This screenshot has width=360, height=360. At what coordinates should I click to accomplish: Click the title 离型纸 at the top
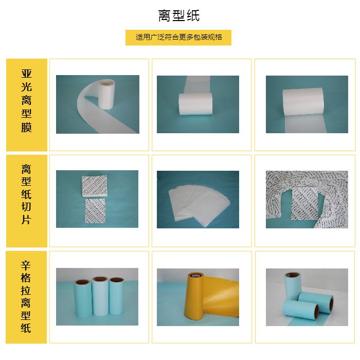point(179,15)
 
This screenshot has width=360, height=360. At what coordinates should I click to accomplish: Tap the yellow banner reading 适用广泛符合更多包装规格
point(178,38)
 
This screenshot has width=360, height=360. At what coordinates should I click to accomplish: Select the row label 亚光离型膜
point(26,101)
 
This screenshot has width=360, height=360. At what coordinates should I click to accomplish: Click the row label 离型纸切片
point(26,194)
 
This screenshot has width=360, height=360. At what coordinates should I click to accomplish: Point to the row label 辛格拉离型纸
point(26,296)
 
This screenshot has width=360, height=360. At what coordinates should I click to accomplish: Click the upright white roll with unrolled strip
point(106,95)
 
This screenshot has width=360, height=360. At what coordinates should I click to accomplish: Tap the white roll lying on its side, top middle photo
point(195,104)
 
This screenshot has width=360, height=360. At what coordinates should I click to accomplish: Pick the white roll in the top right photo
point(303,101)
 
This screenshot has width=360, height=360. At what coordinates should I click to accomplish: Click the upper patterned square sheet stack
point(95,186)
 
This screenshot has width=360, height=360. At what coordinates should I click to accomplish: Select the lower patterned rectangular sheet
point(95,211)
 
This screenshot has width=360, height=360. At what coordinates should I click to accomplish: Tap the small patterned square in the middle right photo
point(305,204)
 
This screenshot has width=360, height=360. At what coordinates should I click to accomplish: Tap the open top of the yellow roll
point(195,275)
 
